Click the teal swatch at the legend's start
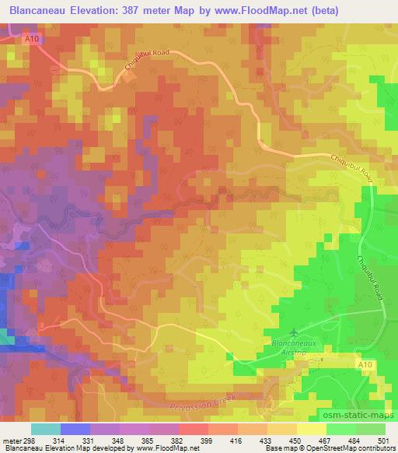[45, 428]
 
